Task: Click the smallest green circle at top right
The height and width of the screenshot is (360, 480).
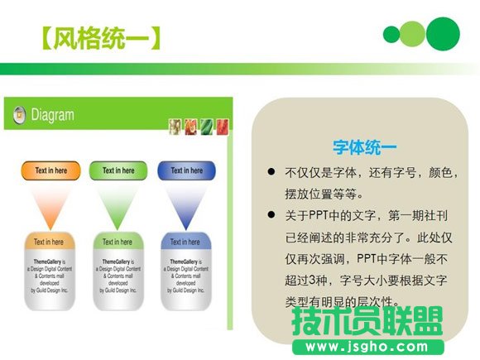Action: click(391, 35)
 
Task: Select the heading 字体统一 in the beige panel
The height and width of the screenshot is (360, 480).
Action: click(364, 146)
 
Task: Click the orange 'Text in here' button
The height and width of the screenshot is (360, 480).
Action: click(50, 170)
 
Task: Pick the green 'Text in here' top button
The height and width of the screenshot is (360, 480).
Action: click(119, 170)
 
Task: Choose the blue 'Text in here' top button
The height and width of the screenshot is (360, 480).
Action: click(186, 170)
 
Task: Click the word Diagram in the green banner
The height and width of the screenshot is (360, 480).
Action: click(53, 116)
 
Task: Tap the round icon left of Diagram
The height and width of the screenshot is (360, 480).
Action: click(18, 116)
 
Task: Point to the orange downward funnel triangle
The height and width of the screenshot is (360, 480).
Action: click(50, 204)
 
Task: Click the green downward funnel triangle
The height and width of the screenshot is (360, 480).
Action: click(119, 204)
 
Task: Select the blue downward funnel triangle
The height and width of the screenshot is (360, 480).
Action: click(186, 204)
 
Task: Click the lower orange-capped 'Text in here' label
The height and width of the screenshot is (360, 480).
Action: click(50, 242)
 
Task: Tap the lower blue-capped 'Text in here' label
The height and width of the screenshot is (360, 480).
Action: click(186, 242)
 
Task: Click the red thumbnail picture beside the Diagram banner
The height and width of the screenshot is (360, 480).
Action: click(190, 127)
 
